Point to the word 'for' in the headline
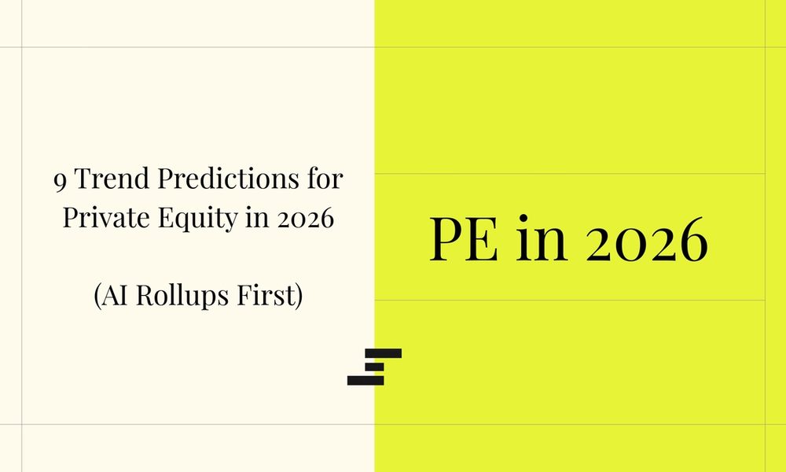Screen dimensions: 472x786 [x=325, y=180]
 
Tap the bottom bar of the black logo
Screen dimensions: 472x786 [x=365, y=380]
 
